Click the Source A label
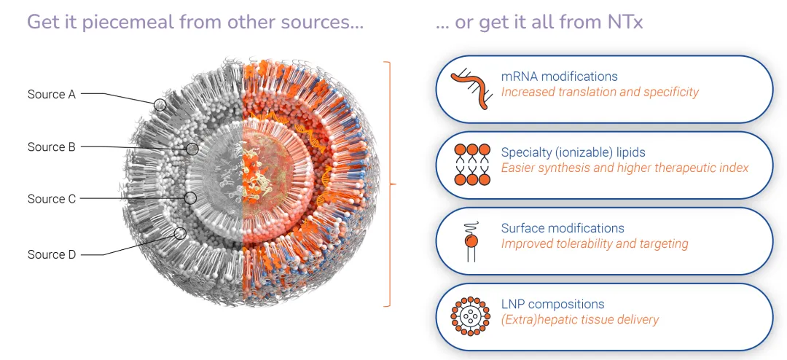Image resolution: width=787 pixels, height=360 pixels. [x=51, y=94]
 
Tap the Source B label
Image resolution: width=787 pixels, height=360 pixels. [x=51, y=147]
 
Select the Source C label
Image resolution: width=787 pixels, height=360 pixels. [x=51, y=199]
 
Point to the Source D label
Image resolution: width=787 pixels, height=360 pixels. [x=51, y=254]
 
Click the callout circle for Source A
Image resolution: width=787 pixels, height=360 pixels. [x=160, y=106]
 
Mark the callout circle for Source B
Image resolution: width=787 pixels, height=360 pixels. [x=192, y=149]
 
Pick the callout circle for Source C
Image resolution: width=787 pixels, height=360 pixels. [x=191, y=197]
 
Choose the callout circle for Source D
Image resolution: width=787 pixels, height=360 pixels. [x=180, y=233]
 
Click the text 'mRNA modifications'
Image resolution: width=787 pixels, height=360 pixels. [x=559, y=77]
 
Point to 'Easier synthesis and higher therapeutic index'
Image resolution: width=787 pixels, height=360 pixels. [x=624, y=168]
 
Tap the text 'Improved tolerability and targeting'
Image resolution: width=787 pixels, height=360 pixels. [x=595, y=244]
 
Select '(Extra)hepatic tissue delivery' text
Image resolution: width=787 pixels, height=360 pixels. [x=579, y=320]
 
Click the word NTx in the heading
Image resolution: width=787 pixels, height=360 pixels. [x=623, y=23]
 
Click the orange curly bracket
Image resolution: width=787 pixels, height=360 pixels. [x=391, y=184]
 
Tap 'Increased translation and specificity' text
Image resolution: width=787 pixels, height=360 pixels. [x=600, y=93]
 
